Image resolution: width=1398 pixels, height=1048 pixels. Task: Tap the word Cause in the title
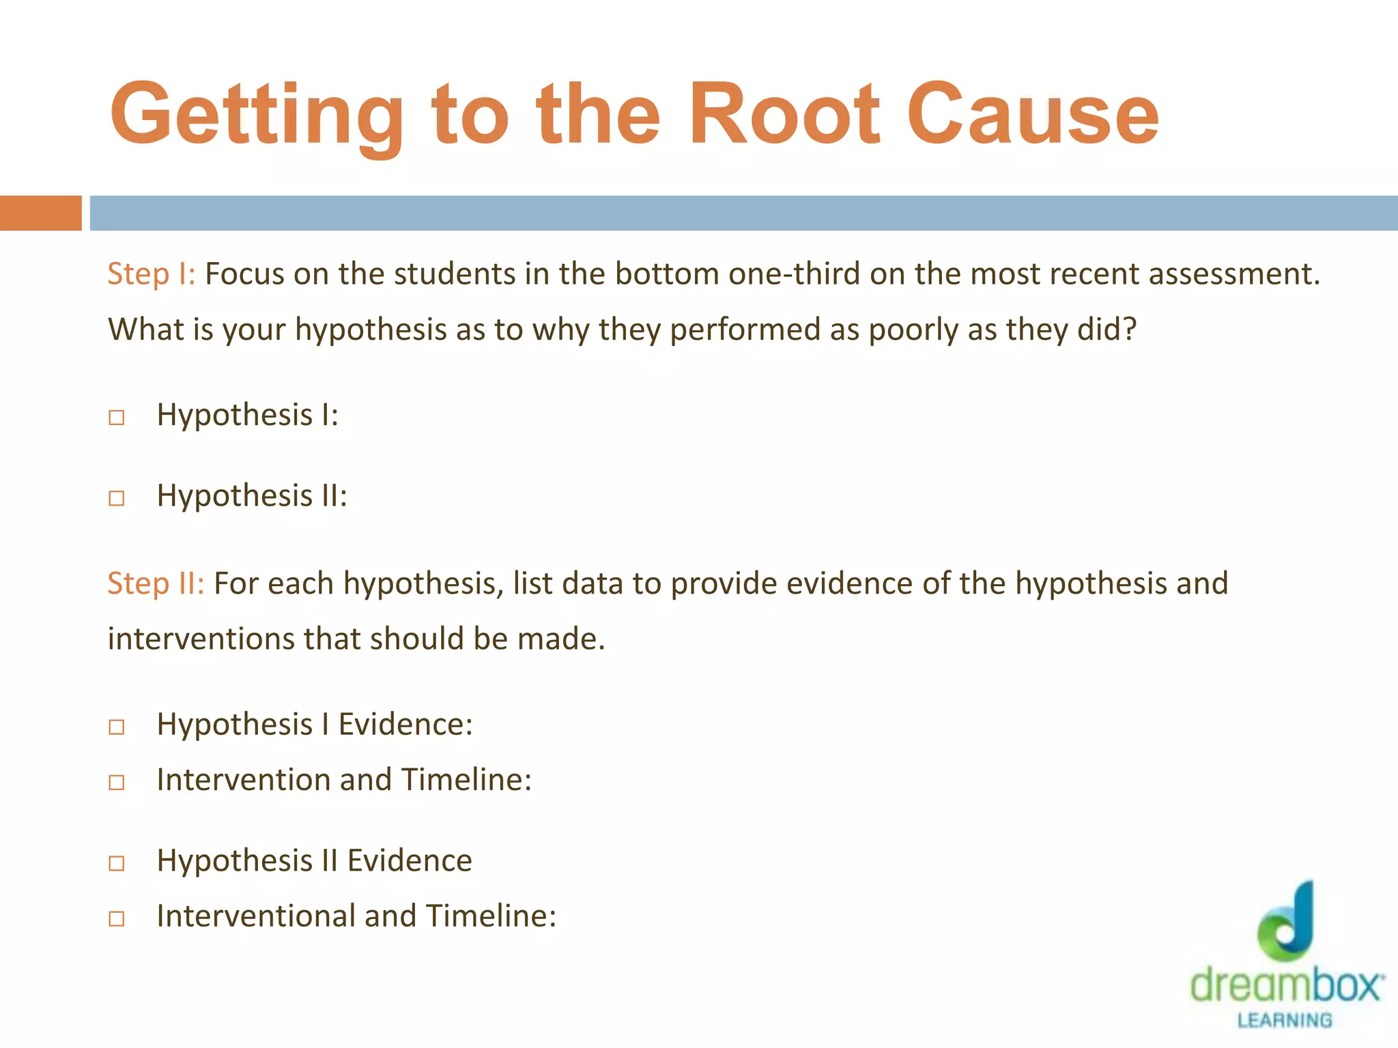pyautogui.click(x=1033, y=115)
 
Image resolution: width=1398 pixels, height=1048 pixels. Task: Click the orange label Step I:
pyautogui.click(x=152, y=274)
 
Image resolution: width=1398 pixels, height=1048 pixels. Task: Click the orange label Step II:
pyautogui.click(x=156, y=584)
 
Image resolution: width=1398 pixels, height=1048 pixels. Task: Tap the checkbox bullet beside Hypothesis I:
pyautogui.click(x=117, y=417)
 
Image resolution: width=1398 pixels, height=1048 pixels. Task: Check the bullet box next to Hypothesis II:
pyautogui.click(x=117, y=498)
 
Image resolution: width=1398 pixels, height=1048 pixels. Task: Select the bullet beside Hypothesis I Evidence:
pyautogui.click(x=117, y=727)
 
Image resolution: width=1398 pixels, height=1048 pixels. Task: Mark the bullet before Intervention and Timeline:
pyautogui.click(x=117, y=782)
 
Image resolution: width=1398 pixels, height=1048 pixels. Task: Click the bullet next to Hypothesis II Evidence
pyautogui.click(x=117, y=863)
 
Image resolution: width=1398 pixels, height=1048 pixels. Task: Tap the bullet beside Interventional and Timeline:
pyautogui.click(x=117, y=918)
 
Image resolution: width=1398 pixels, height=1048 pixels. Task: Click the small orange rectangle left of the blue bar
pyautogui.click(x=40, y=213)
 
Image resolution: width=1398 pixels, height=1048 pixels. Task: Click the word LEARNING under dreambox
pyautogui.click(x=1285, y=1020)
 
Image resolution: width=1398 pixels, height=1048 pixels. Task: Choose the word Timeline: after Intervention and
pyautogui.click(x=466, y=780)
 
